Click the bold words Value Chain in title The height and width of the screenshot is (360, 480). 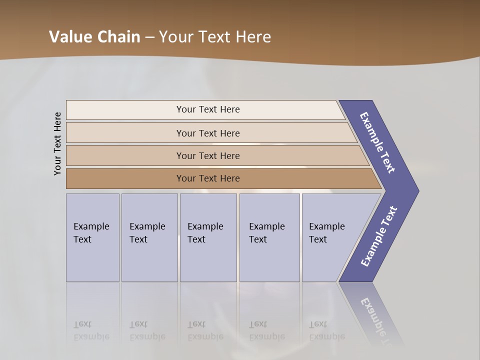pyautogui.click(x=94, y=37)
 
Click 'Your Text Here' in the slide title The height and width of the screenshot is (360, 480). pyautogui.click(x=215, y=37)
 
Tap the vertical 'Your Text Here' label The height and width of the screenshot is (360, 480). pyautogui.click(x=57, y=143)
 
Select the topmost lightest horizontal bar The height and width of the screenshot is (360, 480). pyautogui.click(x=205, y=109)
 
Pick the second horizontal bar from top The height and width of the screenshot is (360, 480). pyautogui.click(x=210, y=133)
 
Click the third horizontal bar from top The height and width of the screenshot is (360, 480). pyautogui.click(x=215, y=155)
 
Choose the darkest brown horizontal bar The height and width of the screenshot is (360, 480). pyautogui.click(x=220, y=178)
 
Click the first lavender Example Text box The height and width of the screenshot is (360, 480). pyautogui.click(x=92, y=237)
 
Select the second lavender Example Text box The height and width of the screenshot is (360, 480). pyautogui.click(x=149, y=237)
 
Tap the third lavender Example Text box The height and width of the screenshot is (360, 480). pyautogui.click(x=208, y=237)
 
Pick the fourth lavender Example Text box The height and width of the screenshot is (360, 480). pyautogui.click(x=269, y=237)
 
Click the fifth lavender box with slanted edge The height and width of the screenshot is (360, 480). pyautogui.click(x=330, y=237)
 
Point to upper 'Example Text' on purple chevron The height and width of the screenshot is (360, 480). pyautogui.click(x=377, y=142)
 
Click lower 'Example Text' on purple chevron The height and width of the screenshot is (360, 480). pyautogui.click(x=378, y=236)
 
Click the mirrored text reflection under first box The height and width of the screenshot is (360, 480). pyautogui.click(x=91, y=330)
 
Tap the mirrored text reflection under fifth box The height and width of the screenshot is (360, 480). pyautogui.click(x=327, y=330)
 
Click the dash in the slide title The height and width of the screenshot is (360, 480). pyautogui.click(x=149, y=37)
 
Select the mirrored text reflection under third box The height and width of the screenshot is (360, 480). pyautogui.click(x=205, y=330)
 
